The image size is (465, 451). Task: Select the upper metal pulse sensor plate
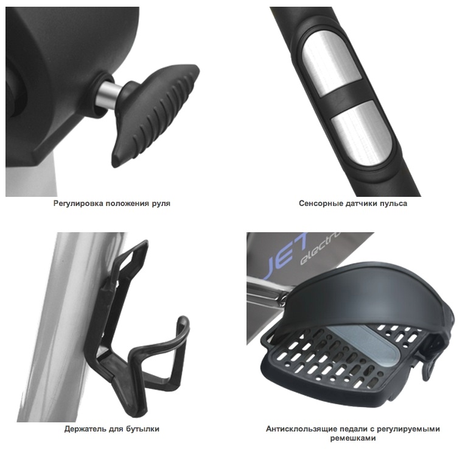click(332, 64)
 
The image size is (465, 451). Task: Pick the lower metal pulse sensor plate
click(361, 134)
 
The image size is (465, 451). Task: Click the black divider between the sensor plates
click(346, 99)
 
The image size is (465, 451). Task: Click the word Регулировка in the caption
click(79, 204)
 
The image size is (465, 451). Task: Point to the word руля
click(161, 204)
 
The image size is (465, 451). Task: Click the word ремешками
click(353, 438)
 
